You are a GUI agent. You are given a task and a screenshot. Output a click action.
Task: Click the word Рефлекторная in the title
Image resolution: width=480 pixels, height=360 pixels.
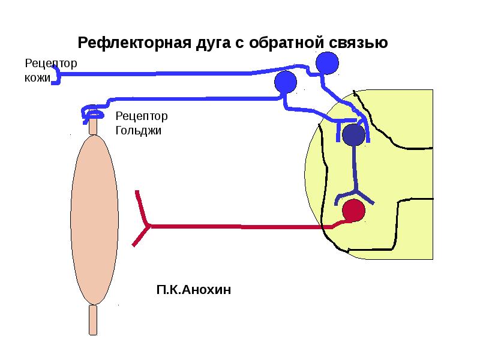pos(134,43)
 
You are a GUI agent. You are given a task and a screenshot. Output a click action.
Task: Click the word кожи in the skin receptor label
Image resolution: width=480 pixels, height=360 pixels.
pos(37,78)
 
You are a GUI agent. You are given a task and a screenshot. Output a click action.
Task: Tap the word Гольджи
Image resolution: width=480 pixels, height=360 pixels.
pos(139,131)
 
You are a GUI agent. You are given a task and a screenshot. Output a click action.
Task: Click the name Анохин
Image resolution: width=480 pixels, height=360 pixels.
pos(206,290)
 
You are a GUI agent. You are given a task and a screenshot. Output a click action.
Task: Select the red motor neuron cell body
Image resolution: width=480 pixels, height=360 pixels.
pos(353,211)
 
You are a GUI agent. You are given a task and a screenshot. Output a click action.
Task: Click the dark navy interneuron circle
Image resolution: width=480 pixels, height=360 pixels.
pos(353,135)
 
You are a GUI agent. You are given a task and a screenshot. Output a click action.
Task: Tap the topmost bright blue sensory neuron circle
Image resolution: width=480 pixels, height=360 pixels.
pos(327,63)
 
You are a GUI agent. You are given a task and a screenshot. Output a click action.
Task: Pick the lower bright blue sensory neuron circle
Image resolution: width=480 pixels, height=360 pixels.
pos(286,82)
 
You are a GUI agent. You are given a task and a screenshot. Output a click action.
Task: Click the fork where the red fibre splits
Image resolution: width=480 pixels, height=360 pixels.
pos(150,226)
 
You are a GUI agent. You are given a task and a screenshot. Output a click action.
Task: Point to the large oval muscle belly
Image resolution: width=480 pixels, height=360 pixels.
pos(94,220)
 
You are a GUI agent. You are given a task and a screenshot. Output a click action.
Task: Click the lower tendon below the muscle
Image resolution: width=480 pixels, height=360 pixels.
pos(93,320)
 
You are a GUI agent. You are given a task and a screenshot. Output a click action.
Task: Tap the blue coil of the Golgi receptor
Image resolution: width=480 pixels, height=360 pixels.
pos(92,114)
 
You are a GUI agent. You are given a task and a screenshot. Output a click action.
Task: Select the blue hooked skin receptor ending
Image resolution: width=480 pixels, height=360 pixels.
pos(56,75)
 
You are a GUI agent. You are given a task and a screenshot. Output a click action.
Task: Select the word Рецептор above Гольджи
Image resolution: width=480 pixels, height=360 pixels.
pos(142,116)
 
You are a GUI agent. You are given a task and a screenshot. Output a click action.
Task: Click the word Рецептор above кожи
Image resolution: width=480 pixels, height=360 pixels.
pos(51,64)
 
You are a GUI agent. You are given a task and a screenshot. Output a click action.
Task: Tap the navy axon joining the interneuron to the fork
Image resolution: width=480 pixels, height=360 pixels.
pos(355,168)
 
